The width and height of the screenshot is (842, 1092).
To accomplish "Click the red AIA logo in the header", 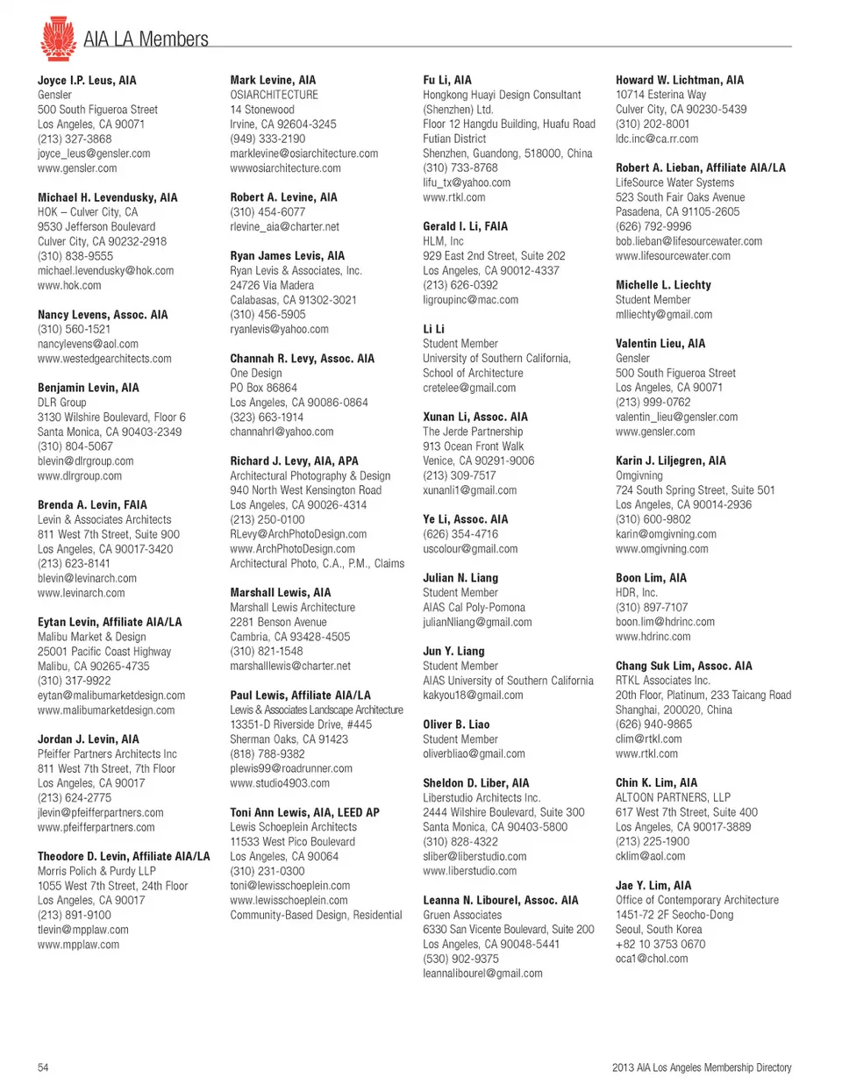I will pyautogui.click(x=58, y=39).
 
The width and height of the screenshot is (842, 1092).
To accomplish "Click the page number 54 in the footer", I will pyautogui.click(x=43, y=1067).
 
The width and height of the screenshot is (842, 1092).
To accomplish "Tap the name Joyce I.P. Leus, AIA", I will pyautogui.click(x=87, y=80).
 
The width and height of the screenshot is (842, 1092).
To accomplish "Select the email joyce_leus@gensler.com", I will pyautogui.click(x=94, y=153).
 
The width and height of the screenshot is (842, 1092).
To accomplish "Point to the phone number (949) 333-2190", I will pyautogui.click(x=268, y=139).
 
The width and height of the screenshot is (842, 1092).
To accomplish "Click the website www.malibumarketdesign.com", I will pyautogui.click(x=106, y=710).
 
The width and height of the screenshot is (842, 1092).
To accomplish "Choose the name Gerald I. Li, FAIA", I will pyautogui.click(x=465, y=226).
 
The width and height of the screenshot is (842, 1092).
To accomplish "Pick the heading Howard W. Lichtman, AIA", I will pyautogui.click(x=679, y=80).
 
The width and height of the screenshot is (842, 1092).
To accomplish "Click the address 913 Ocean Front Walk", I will pyautogui.click(x=473, y=446).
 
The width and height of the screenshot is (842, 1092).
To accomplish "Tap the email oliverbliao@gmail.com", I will pyautogui.click(x=474, y=754).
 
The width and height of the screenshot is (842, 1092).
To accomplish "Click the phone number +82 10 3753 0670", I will pyautogui.click(x=660, y=945).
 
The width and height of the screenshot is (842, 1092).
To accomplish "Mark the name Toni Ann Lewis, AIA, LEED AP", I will pyautogui.click(x=304, y=813).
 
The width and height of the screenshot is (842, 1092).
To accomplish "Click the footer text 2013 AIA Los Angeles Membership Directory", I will pyautogui.click(x=702, y=1067).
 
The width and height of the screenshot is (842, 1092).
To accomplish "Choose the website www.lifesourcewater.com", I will pyautogui.click(x=673, y=256).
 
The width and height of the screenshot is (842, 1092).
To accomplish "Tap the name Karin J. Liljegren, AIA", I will pyautogui.click(x=670, y=460).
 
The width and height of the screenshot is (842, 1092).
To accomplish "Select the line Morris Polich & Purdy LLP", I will pyautogui.click(x=96, y=871).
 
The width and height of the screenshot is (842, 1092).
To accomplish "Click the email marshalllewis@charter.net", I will pyautogui.click(x=290, y=667).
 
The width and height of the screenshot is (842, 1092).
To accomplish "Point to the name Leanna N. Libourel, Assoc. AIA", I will pyautogui.click(x=500, y=901).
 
